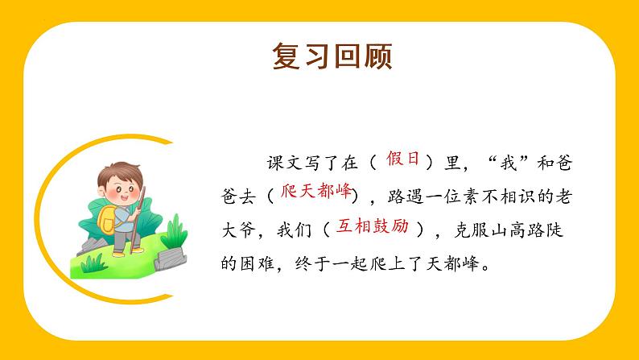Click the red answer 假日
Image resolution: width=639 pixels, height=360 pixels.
tap(403, 159)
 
